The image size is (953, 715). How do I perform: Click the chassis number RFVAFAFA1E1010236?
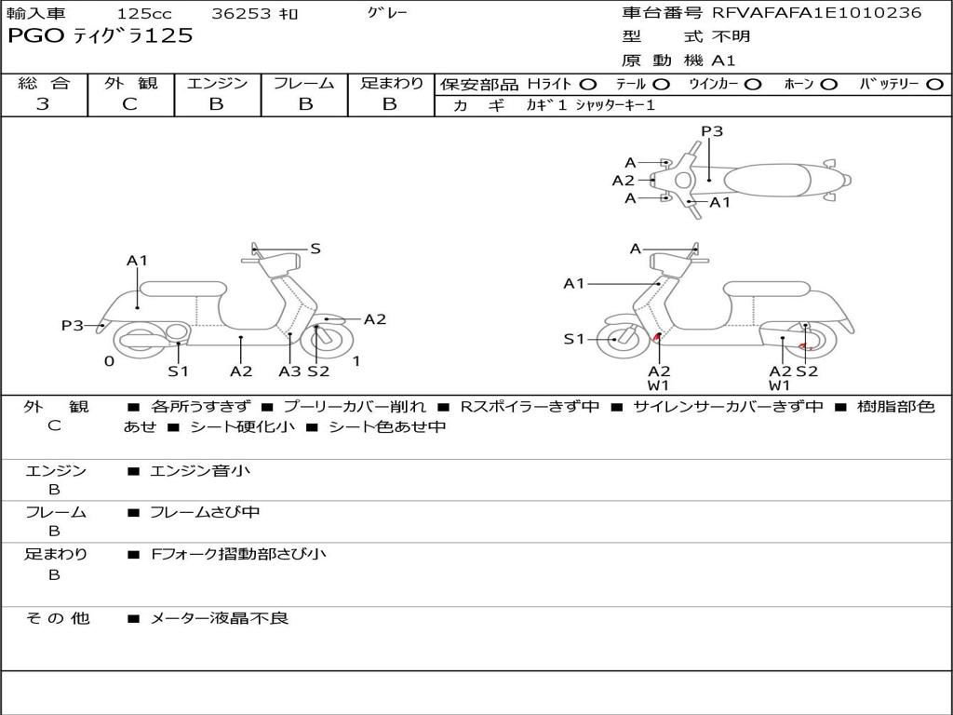(x=816, y=13)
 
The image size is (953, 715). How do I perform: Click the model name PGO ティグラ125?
(x=100, y=35)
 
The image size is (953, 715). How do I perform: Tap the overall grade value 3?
(x=43, y=104)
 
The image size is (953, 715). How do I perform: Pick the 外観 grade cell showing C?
(x=130, y=104)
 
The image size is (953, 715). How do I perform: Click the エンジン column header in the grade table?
(x=217, y=83)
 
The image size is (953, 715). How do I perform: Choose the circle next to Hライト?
(x=588, y=84)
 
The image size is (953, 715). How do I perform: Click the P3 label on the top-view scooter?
(x=712, y=131)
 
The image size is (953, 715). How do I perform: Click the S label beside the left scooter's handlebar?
(x=315, y=249)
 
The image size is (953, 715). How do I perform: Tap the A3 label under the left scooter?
(x=289, y=371)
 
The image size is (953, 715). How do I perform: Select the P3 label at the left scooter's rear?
(x=73, y=325)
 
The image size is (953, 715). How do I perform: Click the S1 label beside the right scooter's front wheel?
(x=574, y=339)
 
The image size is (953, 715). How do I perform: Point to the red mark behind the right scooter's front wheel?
(x=658, y=337)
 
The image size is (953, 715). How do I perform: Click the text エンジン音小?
(x=200, y=471)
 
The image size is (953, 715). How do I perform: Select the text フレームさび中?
(x=205, y=512)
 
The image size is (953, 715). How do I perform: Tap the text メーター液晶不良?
(x=220, y=617)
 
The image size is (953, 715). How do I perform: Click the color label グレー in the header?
(x=388, y=13)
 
